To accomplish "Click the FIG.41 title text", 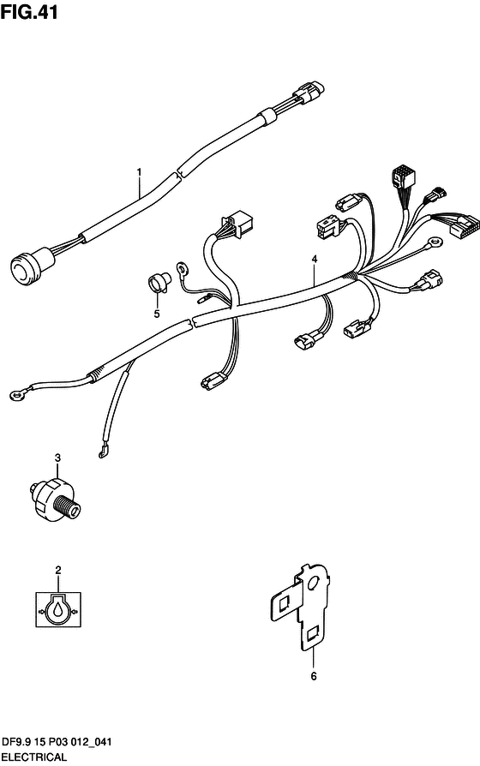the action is click(29, 12).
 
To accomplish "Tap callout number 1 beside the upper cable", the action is click(140, 171).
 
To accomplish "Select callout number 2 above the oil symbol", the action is click(58, 570).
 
